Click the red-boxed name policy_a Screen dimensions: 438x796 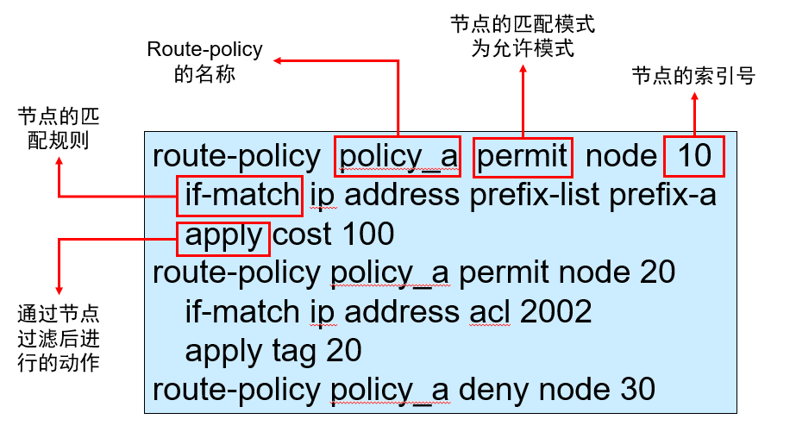(x=397, y=156)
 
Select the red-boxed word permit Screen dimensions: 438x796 (x=523, y=156)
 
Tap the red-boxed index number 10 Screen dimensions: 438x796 (x=693, y=156)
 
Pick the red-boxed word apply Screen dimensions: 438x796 (x=223, y=235)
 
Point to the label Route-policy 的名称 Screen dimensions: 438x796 (x=204, y=63)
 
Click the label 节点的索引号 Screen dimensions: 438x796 (x=693, y=77)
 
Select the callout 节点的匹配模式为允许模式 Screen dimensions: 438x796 (x=523, y=35)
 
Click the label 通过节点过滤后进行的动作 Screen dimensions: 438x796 (x=58, y=337)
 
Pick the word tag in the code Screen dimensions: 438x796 (x=293, y=351)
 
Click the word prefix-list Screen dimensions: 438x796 (x=535, y=196)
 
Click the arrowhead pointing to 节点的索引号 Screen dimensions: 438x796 (x=693, y=97)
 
